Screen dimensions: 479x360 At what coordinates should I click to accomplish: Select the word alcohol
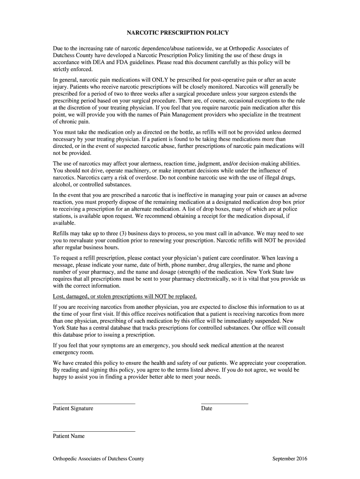pyautogui.click(x=63, y=185)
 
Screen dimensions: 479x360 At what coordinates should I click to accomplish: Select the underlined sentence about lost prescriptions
pyautogui.click(x=125, y=296)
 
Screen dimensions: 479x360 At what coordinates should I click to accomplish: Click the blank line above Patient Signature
pyautogui.click(x=94, y=402)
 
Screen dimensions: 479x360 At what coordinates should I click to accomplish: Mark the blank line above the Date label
pyautogui.click(x=224, y=402)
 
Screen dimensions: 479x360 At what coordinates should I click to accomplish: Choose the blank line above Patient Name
pyautogui.click(x=94, y=430)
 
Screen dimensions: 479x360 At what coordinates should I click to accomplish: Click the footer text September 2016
pyautogui.click(x=290, y=458)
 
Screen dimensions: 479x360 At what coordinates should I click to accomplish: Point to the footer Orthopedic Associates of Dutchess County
pyautogui.click(x=99, y=458)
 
